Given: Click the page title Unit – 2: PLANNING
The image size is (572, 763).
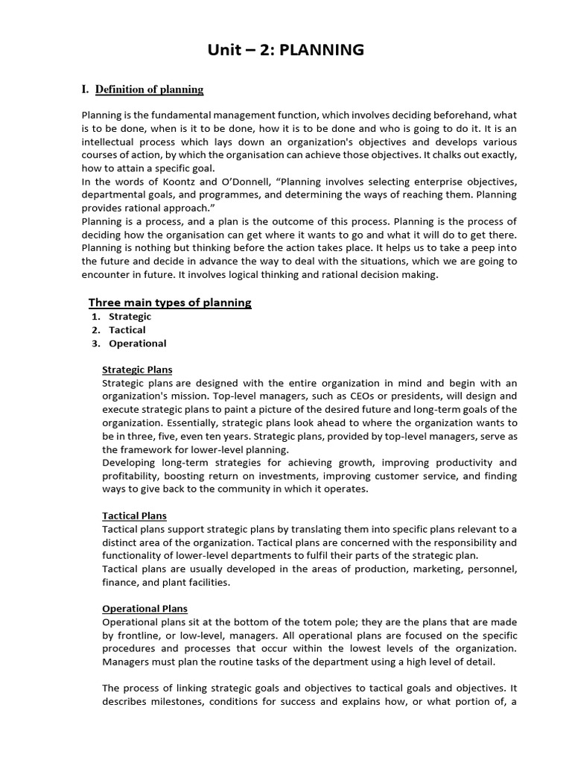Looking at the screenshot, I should click(x=286, y=50).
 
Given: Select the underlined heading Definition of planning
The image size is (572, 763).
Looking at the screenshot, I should click(x=149, y=89).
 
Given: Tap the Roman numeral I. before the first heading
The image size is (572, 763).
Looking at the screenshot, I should click(x=86, y=89).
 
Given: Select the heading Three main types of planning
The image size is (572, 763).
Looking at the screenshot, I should click(x=170, y=303).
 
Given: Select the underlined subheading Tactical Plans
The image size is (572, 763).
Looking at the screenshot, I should click(x=134, y=516).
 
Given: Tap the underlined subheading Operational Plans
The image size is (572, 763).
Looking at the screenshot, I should click(x=144, y=609).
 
